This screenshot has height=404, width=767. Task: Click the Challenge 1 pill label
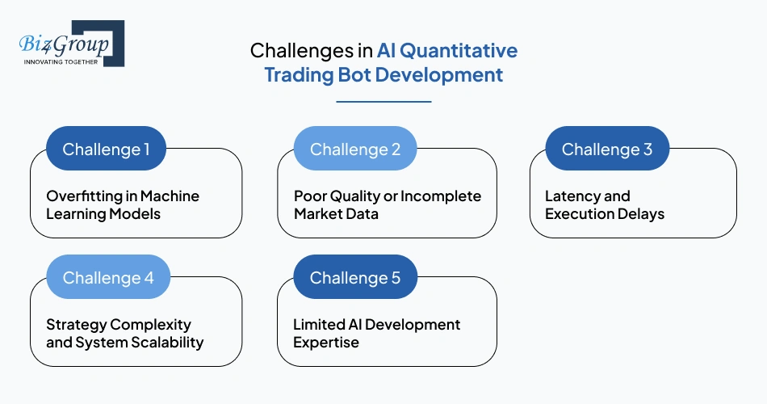tap(107, 149)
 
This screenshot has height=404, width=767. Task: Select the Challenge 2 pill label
tap(355, 149)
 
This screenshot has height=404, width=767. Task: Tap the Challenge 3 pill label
tap(607, 149)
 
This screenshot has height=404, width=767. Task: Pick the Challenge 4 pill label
tap(108, 278)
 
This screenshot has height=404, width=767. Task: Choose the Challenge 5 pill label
tap(355, 278)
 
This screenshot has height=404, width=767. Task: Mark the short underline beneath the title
tap(383, 102)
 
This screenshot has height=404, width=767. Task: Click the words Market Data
tap(337, 214)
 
